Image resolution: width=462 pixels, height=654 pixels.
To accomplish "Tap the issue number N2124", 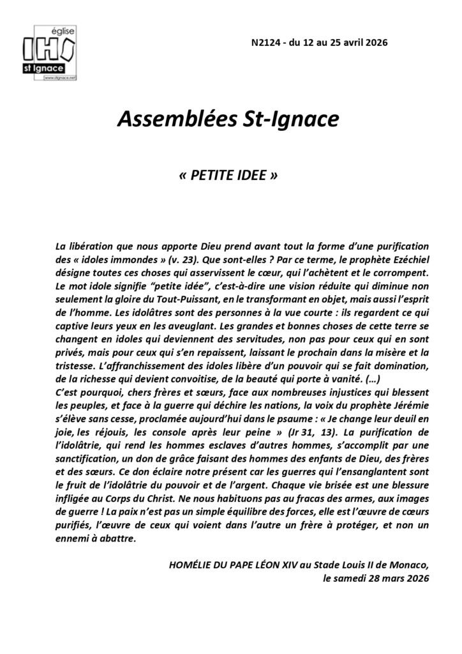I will pyautogui.click(x=266, y=42).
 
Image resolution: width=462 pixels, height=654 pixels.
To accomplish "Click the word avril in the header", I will pyautogui.click(x=352, y=42).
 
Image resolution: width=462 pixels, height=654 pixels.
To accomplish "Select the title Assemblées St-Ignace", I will pyautogui.click(x=230, y=119).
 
